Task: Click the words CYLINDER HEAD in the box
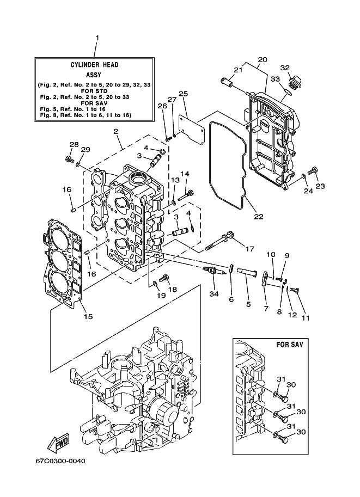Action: click(x=94, y=65)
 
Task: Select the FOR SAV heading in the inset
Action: click(x=290, y=344)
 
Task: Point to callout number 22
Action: click(x=259, y=217)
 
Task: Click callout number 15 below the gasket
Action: click(x=88, y=316)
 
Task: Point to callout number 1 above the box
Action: click(x=97, y=38)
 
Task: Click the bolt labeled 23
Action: click(x=313, y=170)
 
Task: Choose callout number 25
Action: click(x=183, y=94)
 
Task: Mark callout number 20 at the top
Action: click(x=263, y=59)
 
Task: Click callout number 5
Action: click(x=248, y=304)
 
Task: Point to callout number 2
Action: click(x=116, y=131)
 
